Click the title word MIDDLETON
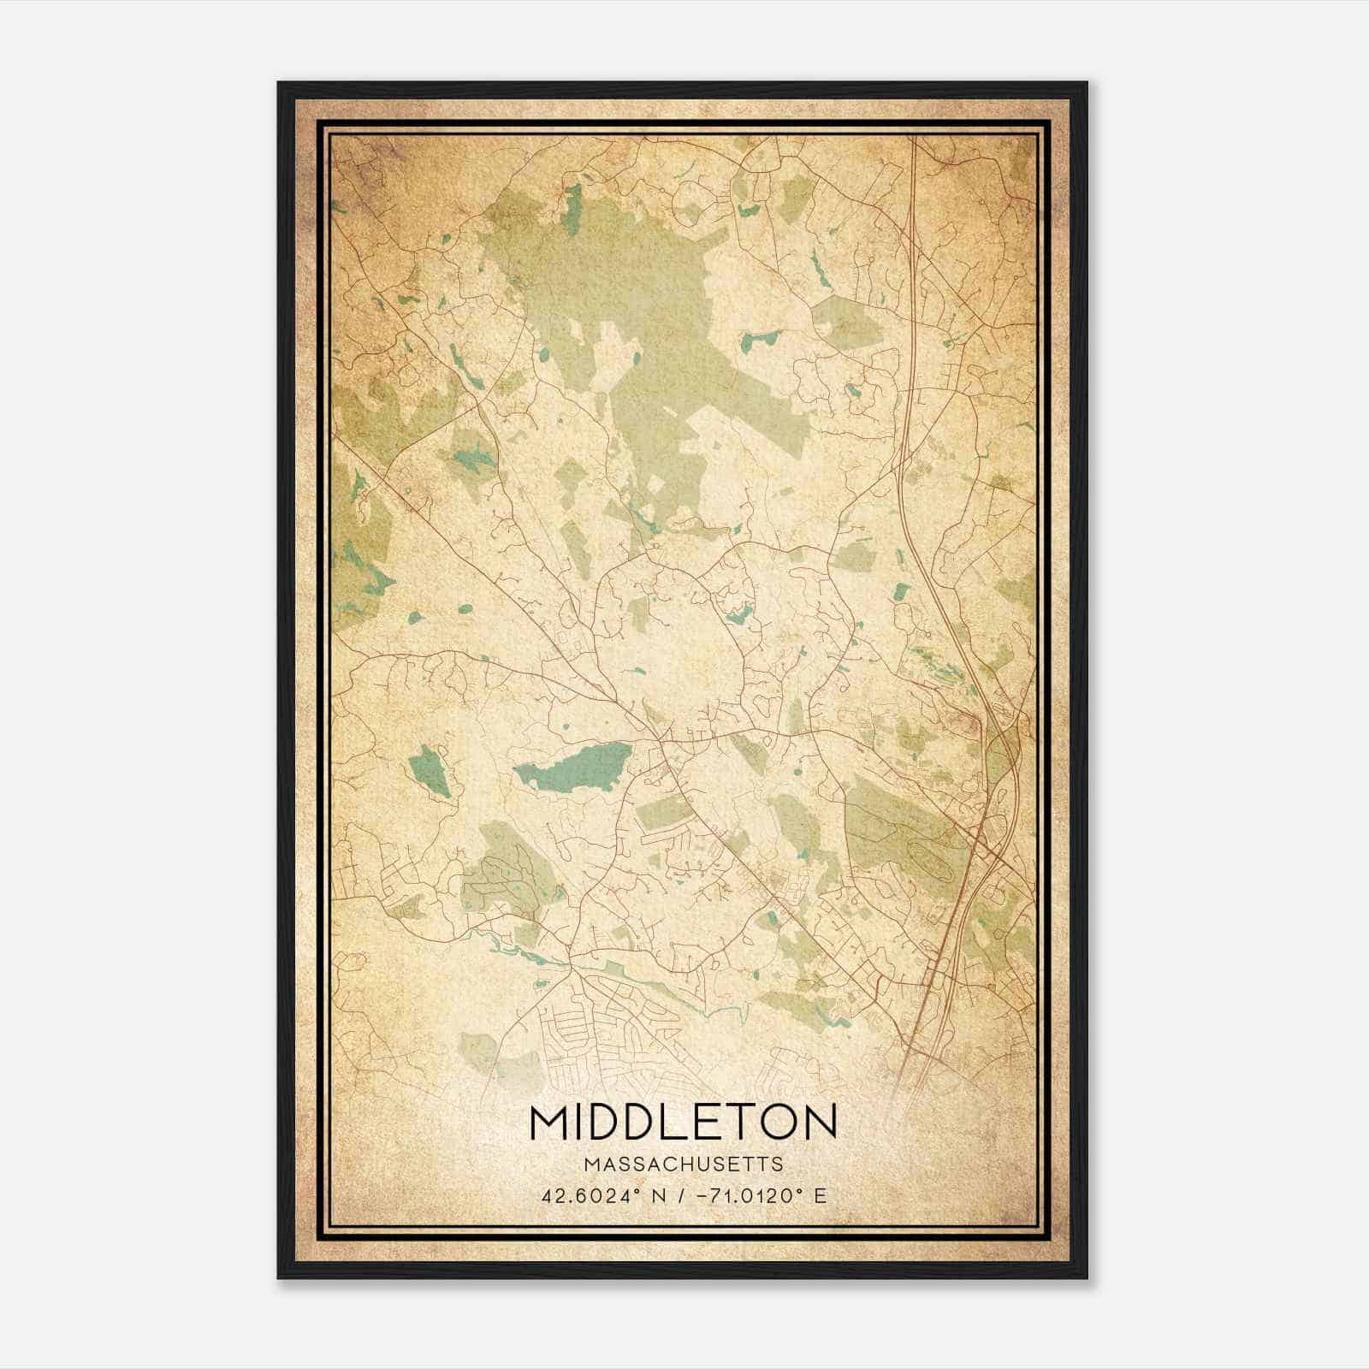[683, 1122]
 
